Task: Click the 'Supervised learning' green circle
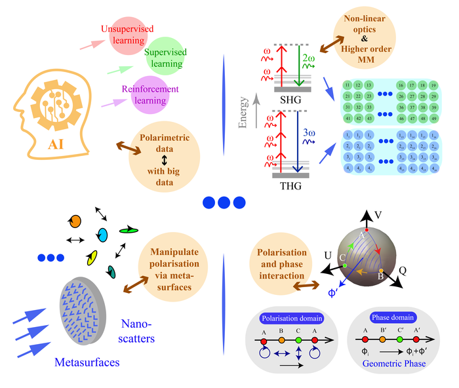point(165,57)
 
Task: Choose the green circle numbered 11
point(348,85)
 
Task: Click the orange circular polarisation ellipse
point(75,220)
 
